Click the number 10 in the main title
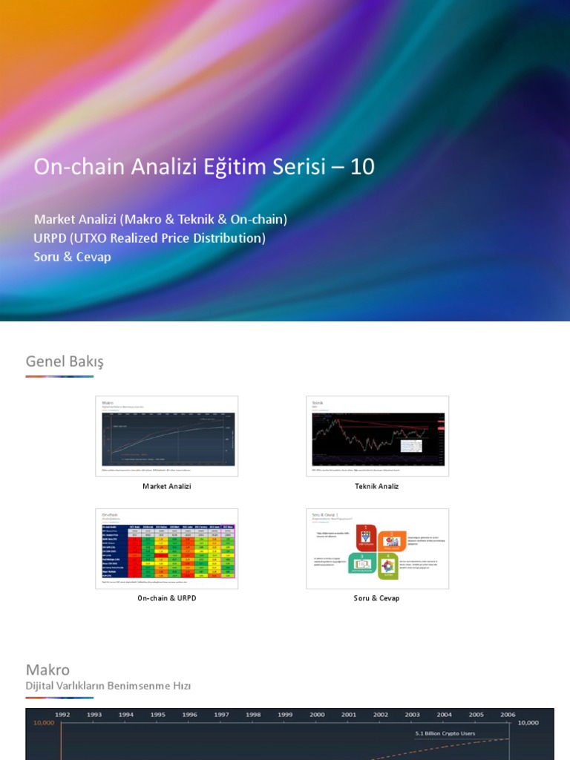tap(362, 167)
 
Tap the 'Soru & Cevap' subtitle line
tap(72, 257)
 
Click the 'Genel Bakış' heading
tap(65, 361)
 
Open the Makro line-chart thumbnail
tap(167, 436)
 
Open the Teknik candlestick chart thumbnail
tap(377, 436)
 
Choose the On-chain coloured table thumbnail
tap(167, 548)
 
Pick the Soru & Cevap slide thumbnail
tap(377, 548)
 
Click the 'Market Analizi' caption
tap(167, 486)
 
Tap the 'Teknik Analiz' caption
tap(377, 486)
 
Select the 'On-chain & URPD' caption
tap(167, 598)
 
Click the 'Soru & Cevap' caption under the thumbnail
tap(377, 598)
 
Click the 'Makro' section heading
tap(47, 670)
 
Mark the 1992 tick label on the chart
tap(62, 715)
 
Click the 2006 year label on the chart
tap(508, 715)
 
